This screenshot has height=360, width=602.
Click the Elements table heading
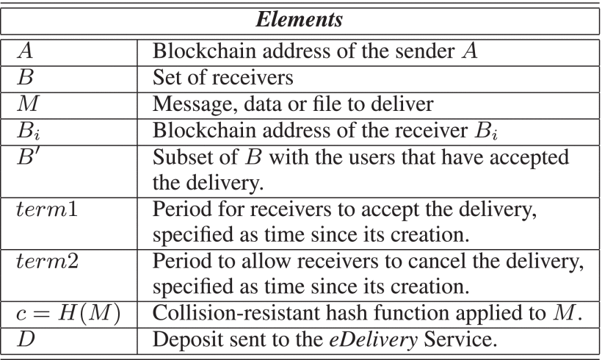pos(299,19)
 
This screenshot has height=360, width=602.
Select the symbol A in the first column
pos(26,51)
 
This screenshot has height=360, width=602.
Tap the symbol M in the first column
pos(28,104)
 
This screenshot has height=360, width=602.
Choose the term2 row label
pos(48,262)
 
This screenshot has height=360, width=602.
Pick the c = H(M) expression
pos(69,313)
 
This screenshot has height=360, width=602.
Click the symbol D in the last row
pos(26,339)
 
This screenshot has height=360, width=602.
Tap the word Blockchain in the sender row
pos(204,51)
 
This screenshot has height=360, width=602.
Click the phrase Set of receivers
pos(222,77)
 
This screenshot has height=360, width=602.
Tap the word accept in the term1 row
pos(389,210)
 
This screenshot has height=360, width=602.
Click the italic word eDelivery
pos(373,339)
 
